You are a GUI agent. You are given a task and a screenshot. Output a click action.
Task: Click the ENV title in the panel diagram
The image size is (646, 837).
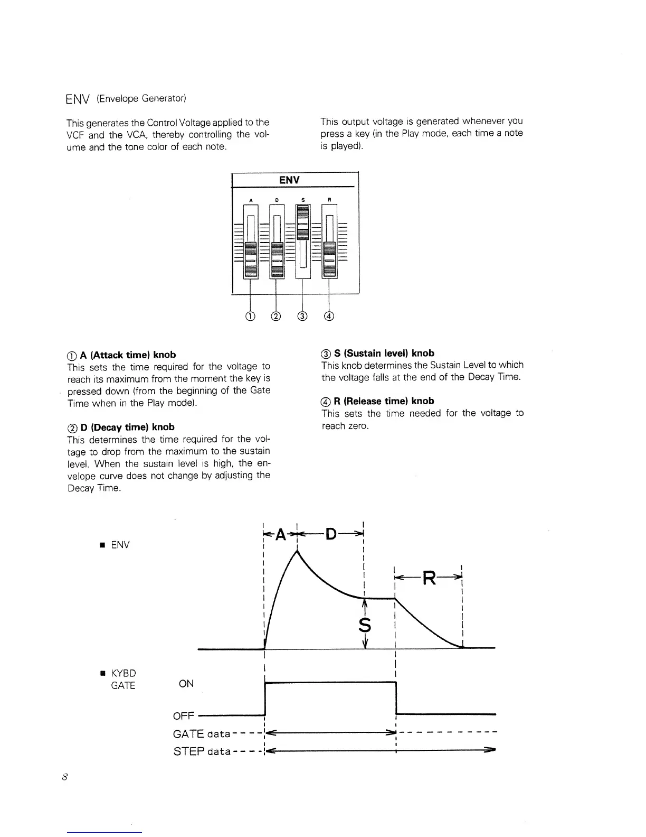click(x=289, y=180)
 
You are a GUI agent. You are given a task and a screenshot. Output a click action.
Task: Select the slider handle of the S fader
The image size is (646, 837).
click(x=302, y=223)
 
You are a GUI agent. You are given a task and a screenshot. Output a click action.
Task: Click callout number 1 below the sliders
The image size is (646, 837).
click(x=250, y=317)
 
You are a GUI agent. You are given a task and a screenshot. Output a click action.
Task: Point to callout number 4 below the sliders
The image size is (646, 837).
click(x=329, y=317)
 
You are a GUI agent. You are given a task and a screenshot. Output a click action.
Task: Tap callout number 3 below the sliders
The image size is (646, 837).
click(x=302, y=317)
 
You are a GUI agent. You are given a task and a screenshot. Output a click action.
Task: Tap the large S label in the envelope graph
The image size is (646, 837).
click(x=365, y=625)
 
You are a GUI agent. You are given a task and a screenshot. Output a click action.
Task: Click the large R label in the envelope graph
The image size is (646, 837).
click(x=430, y=579)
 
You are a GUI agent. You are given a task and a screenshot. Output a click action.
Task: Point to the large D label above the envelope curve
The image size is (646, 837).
click(x=331, y=535)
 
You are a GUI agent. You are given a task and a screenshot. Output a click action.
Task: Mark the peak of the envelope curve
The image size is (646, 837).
click(x=298, y=551)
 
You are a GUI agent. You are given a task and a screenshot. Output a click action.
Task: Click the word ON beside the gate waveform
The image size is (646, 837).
click(x=186, y=684)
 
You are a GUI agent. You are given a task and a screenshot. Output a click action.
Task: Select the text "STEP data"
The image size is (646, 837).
click(x=202, y=751)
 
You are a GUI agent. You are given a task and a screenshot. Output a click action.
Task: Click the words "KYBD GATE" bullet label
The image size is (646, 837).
click(x=123, y=679)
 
